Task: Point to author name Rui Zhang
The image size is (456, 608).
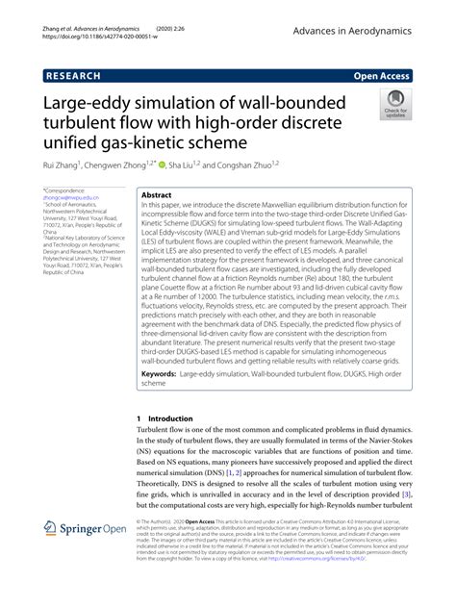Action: (66, 165)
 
